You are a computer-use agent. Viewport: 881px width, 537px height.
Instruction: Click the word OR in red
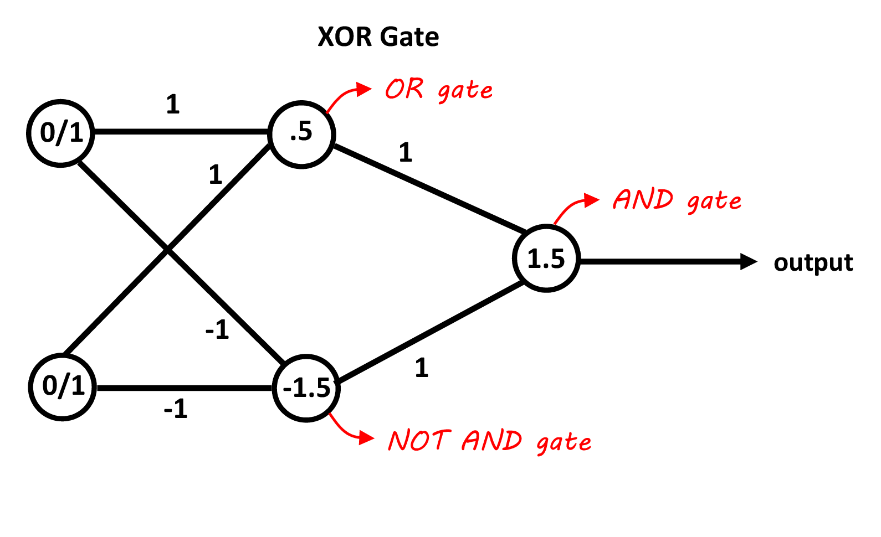(404, 89)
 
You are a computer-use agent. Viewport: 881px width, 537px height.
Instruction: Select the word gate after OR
(465, 91)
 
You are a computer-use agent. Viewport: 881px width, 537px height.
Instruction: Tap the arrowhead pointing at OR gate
(365, 89)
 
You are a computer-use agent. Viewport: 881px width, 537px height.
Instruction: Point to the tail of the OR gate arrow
(327, 112)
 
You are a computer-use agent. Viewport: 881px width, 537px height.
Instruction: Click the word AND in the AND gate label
(643, 199)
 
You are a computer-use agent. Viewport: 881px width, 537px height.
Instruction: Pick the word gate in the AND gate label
(714, 202)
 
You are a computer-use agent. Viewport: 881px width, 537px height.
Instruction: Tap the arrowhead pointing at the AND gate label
(592, 200)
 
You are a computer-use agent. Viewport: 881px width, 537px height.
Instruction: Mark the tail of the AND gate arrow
(555, 223)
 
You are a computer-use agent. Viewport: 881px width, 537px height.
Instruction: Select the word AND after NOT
(491, 441)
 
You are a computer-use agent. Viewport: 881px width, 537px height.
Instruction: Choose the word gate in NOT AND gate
(564, 443)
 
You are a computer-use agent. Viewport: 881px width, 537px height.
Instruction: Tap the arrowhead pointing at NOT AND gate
(367, 438)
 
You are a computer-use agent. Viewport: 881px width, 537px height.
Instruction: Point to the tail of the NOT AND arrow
(330, 414)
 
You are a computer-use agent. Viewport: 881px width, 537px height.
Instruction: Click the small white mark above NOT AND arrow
(311, 392)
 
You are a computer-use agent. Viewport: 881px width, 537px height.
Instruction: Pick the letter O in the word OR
(396, 89)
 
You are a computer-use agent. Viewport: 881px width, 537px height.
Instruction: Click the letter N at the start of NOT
(398, 441)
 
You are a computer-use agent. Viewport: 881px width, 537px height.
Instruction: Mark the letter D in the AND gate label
(663, 199)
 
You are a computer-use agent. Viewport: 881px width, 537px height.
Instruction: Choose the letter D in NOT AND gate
(511, 441)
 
